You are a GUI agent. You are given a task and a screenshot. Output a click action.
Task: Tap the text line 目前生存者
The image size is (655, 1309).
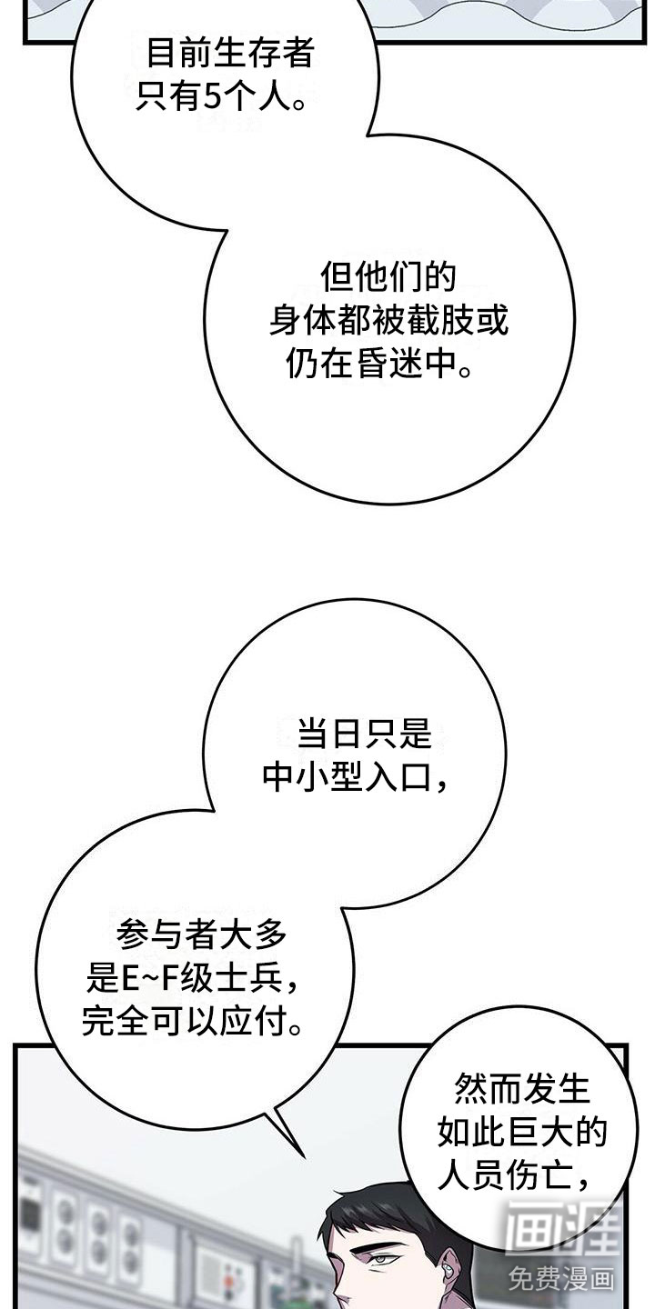tap(230, 53)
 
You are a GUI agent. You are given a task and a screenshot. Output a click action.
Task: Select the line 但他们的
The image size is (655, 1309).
tap(388, 277)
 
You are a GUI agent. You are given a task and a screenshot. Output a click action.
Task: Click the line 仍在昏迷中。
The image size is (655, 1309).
tap(379, 365)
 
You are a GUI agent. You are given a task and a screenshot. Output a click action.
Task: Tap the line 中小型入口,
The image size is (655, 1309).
tap(355, 777)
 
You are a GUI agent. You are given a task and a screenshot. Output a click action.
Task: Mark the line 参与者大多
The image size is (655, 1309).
tap(201, 934)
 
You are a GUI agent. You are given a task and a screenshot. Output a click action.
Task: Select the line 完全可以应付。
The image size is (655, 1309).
tap(193, 1022)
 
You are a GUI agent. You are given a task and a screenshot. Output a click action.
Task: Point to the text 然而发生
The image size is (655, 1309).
tap(522, 1088)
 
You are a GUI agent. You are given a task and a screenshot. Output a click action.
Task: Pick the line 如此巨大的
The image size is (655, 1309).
tap(522, 1132)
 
